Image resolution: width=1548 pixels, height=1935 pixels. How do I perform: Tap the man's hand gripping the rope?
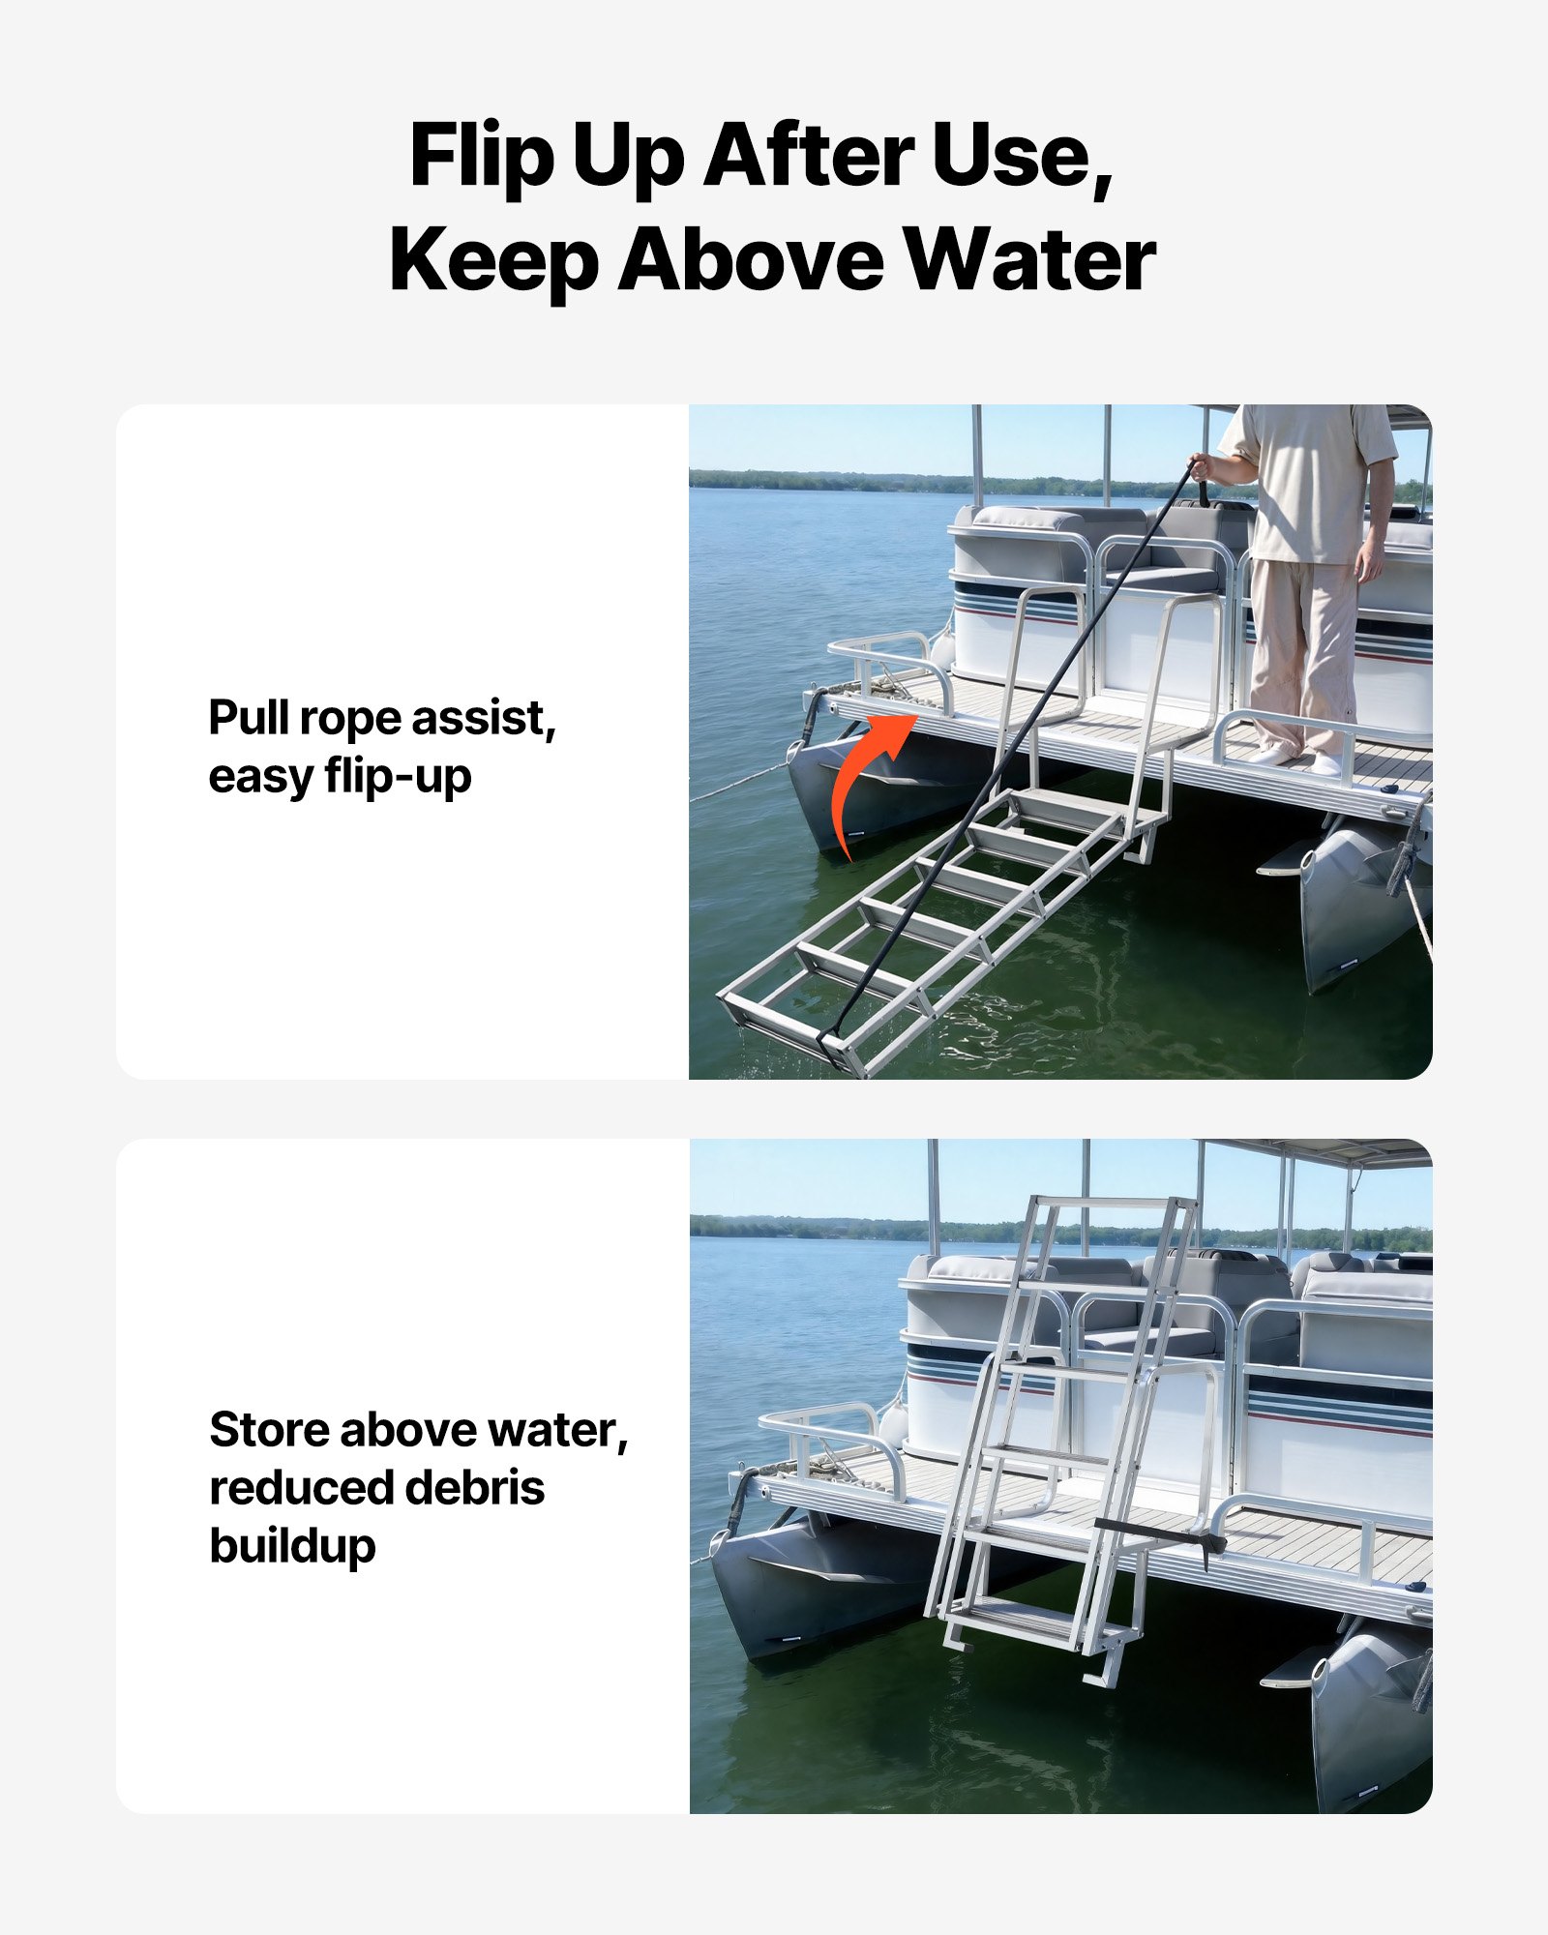point(1201,467)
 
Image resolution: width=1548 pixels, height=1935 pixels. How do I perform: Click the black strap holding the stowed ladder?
point(1156,1532)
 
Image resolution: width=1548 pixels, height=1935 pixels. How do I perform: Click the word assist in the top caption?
point(484,718)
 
